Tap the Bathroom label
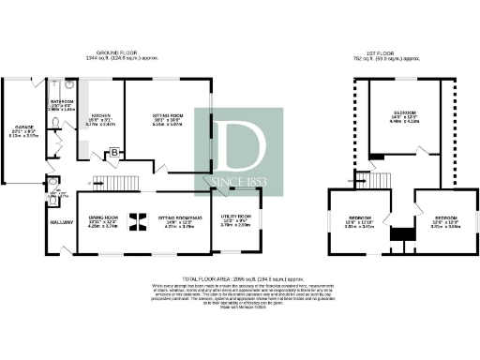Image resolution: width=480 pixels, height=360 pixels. (62, 103)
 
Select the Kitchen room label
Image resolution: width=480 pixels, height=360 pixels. (100, 119)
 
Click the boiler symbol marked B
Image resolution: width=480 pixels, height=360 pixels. (114, 152)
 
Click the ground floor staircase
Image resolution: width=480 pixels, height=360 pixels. (119, 180)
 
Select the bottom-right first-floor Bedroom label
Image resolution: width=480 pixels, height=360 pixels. (444, 222)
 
